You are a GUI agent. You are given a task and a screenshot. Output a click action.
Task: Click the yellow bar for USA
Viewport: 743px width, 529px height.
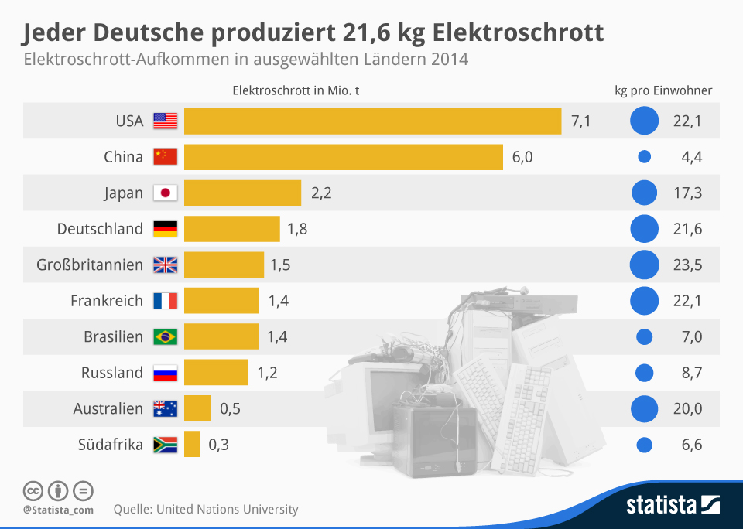pyautogui.click(x=372, y=121)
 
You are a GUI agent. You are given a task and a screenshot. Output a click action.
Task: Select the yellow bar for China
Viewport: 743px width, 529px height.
pyautogui.click(x=344, y=157)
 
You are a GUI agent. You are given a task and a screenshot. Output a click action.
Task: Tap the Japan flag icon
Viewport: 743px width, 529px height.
pyautogui.click(x=166, y=193)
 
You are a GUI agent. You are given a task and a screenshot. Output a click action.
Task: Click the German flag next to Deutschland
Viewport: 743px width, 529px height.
pyautogui.click(x=166, y=229)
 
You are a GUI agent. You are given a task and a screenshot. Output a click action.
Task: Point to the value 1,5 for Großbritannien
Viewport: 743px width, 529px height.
pyautogui.click(x=280, y=264)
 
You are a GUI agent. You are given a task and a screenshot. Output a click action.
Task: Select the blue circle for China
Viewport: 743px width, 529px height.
pyautogui.click(x=644, y=157)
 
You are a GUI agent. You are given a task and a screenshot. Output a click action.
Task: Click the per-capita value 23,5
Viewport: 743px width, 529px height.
pyautogui.click(x=687, y=264)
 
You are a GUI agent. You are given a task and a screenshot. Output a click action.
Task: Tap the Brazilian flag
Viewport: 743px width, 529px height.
pyautogui.click(x=166, y=336)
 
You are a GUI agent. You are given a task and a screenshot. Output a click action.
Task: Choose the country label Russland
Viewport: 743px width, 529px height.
pyautogui.click(x=112, y=373)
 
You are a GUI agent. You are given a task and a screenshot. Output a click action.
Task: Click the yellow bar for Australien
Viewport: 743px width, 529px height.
pyautogui.click(x=197, y=408)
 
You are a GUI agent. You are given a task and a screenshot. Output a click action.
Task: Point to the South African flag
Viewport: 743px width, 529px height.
pyautogui.click(x=166, y=445)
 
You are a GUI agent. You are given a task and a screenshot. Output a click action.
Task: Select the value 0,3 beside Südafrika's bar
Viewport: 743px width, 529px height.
pyautogui.click(x=219, y=445)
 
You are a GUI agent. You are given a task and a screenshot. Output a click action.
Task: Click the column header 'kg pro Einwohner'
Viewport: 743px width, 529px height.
pyautogui.click(x=663, y=90)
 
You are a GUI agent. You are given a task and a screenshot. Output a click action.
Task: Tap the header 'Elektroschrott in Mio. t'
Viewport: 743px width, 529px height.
pyautogui.click(x=296, y=90)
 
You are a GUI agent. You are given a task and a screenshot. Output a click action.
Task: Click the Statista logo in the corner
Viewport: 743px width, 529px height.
pyautogui.click(x=673, y=506)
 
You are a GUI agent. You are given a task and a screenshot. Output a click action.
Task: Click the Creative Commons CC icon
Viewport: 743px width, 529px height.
pyautogui.click(x=33, y=490)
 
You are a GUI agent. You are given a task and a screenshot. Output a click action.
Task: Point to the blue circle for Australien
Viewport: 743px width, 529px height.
pyautogui.click(x=644, y=408)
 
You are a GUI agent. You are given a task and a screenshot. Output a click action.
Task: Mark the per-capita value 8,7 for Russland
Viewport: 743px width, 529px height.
pyautogui.click(x=687, y=373)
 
